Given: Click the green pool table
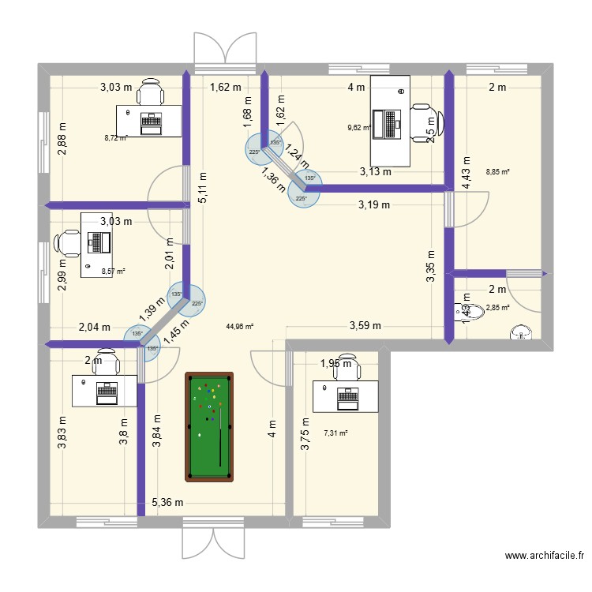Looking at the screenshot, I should [209, 426].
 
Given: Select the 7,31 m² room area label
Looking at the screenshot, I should [335, 433].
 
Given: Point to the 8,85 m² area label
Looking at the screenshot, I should [497, 171].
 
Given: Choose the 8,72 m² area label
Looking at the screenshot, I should [115, 137].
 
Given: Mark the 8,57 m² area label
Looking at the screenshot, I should [114, 271].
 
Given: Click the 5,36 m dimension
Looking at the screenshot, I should [167, 502].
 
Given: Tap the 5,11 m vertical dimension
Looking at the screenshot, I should [203, 188].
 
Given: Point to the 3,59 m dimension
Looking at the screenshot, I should [365, 325].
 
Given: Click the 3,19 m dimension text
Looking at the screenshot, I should [374, 205].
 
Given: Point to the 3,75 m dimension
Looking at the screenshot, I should [305, 434].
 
